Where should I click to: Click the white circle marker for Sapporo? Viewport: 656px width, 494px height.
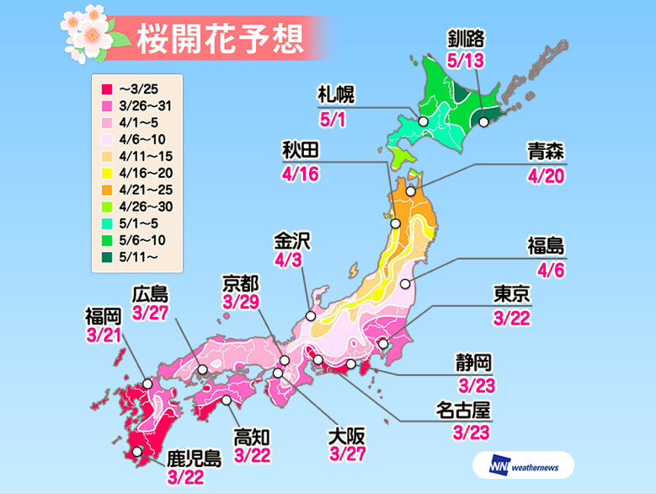point(423,121)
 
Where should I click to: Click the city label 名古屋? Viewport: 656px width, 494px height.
point(463,410)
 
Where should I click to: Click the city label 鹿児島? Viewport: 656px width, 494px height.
point(194,459)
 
